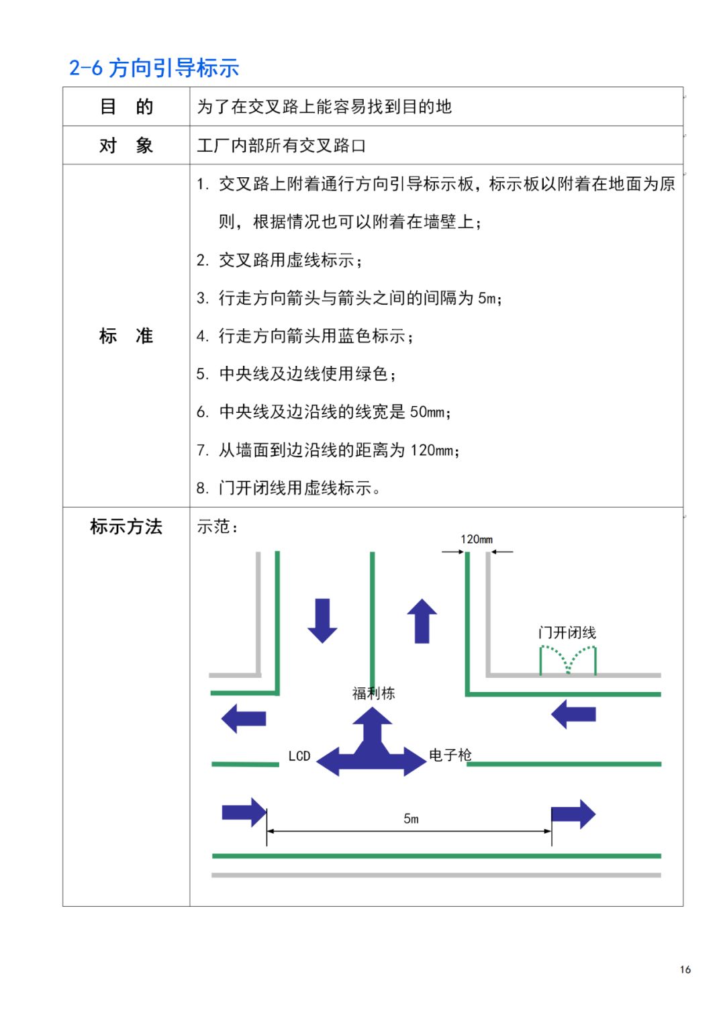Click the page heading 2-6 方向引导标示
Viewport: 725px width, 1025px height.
tap(154, 68)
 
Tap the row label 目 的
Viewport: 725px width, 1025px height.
tap(126, 107)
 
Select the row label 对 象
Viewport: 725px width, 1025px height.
tap(126, 146)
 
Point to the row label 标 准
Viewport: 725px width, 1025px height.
tap(126, 336)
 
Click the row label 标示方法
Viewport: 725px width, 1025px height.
tap(126, 527)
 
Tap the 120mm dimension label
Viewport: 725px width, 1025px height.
tap(477, 540)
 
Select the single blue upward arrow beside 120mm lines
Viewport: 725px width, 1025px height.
tap(422, 621)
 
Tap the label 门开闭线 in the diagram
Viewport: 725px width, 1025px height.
tap(567, 632)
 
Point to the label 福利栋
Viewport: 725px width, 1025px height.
tap(374, 693)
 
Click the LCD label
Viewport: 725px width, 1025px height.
tap(299, 756)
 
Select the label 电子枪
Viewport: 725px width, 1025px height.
tap(450, 755)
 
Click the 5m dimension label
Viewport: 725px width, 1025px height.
tap(411, 819)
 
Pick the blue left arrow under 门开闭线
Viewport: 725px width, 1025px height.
tap(573, 714)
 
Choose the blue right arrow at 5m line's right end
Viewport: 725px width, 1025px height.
tap(573, 815)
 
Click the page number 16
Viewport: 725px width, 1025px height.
tap(685, 969)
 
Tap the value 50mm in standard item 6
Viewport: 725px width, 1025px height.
tap(427, 412)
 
